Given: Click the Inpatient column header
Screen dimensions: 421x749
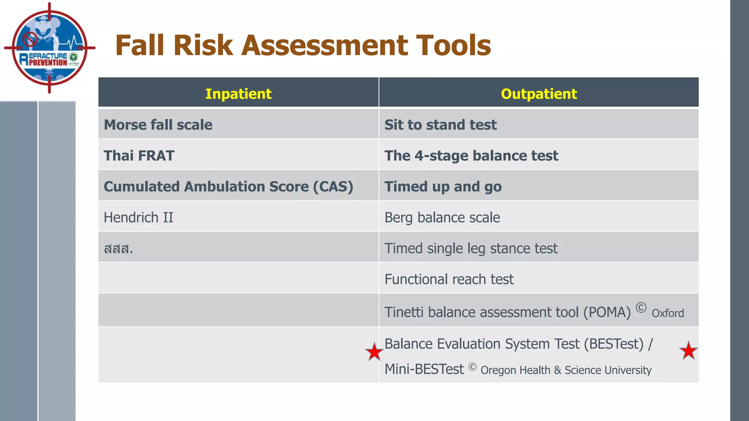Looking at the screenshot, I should click(238, 94).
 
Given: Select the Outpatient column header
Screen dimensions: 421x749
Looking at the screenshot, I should click(538, 94).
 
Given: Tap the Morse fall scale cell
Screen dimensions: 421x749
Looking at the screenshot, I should click(158, 125).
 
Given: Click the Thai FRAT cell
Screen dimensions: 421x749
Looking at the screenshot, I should click(139, 156).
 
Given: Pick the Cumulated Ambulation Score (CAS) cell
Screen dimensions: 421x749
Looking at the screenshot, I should click(228, 186).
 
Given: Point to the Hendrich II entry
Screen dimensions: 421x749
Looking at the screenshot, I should click(138, 217).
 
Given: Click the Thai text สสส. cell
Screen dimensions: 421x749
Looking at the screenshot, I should click(118, 249).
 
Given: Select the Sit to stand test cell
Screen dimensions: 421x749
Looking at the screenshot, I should click(440, 125).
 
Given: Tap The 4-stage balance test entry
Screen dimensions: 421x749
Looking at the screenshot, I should click(471, 156).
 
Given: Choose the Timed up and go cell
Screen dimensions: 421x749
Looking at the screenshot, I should click(443, 186).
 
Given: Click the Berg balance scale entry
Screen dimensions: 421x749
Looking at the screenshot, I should click(442, 217).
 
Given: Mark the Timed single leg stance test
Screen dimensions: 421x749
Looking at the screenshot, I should click(471, 249).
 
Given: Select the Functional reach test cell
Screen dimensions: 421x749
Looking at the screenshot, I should click(449, 279).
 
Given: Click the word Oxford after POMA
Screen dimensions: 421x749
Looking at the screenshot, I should click(667, 313).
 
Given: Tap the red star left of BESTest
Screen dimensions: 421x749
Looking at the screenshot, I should click(374, 352).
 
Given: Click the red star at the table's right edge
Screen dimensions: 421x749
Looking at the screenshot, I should click(688, 351).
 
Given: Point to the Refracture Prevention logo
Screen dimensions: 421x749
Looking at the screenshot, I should click(49, 48).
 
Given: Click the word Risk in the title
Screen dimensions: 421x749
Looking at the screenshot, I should click(203, 45).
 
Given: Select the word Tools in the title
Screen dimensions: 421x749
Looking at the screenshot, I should click(453, 45).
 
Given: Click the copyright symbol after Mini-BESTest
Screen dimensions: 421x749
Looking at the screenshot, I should click(472, 367).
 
